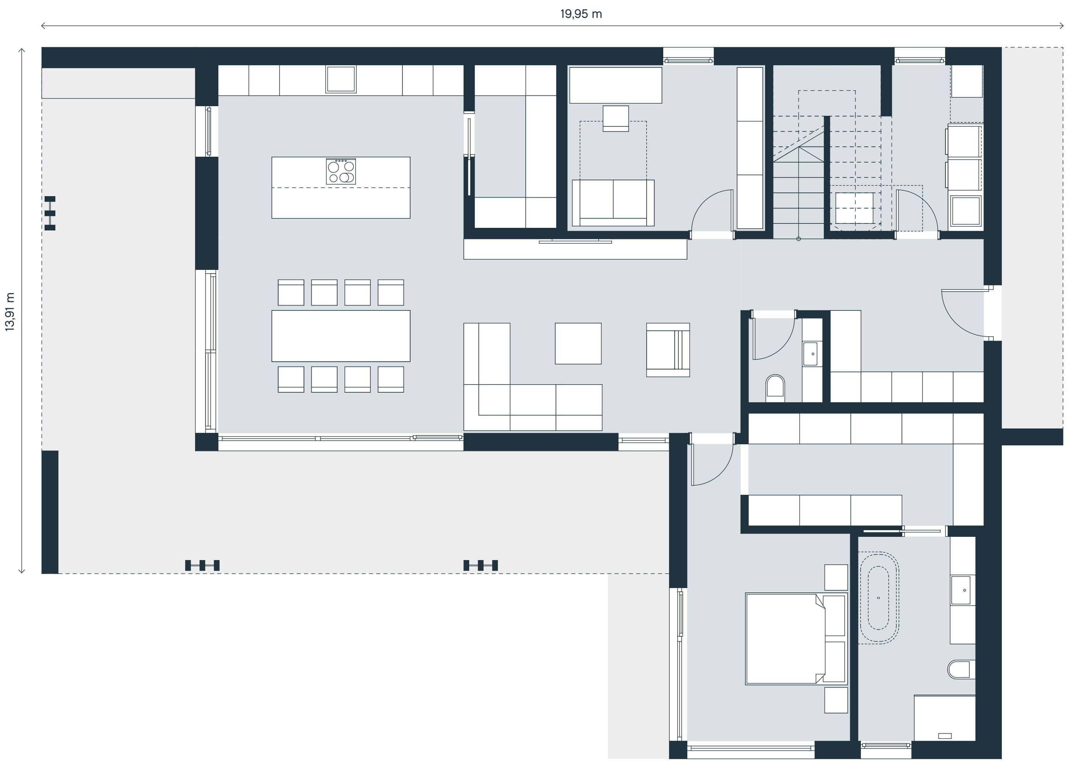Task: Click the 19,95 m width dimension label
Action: [581, 14]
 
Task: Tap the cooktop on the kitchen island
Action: [341, 171]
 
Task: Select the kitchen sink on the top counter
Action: [341, 79]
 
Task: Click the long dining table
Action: [341, 336]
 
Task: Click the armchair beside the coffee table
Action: [668, 350]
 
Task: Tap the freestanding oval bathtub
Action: [879, 598]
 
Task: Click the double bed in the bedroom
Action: [796, 639]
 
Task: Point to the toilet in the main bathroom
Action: [961, 670]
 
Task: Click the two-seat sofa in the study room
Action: [613, 202]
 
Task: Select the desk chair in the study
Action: [616, 118]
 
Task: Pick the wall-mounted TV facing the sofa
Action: [575, 242]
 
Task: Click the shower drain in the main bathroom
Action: [945, 736]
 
